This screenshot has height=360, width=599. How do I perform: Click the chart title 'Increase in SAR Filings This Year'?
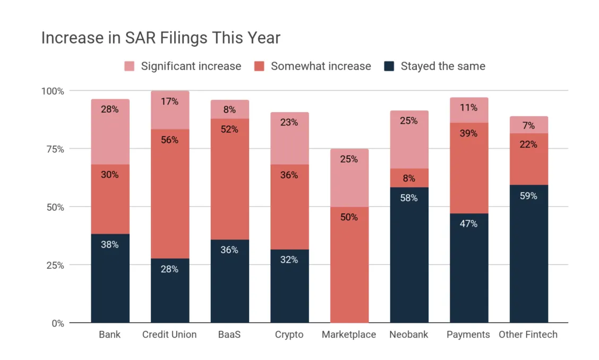160,38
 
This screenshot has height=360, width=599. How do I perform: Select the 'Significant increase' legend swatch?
130,66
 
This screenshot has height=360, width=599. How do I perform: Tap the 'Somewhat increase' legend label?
321,66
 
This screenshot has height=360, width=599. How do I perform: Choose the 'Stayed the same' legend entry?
442,66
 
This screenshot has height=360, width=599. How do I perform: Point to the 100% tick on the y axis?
53,91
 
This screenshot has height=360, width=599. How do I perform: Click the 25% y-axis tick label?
54,265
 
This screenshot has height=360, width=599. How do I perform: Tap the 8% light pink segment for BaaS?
229,109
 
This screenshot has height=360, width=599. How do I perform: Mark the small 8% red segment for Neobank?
409,178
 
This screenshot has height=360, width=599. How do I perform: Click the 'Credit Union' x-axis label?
169,335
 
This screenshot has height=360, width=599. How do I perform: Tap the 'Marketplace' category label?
349,335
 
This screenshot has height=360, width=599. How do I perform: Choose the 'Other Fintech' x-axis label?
528,335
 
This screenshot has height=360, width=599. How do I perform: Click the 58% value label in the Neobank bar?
409,198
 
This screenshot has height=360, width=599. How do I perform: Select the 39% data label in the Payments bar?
469,133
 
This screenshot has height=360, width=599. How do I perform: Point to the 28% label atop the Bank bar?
110,109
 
